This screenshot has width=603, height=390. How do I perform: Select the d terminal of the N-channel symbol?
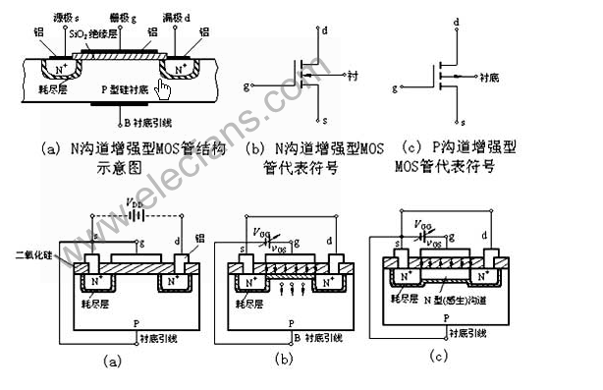324,30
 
